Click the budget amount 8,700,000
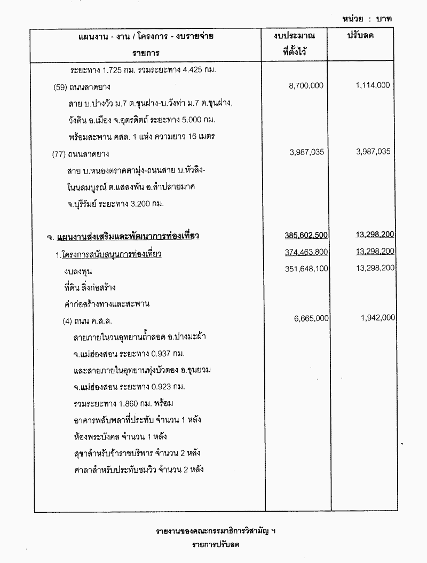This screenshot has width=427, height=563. (306, 85)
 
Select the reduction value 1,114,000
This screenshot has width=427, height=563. (372, 85)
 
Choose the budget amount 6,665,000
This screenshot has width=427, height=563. (311, 318)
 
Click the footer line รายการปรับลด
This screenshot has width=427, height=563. (216, 545)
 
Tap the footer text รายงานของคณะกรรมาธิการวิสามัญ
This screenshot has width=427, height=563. (216, 532)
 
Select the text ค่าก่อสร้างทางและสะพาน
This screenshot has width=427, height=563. (106, 304)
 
